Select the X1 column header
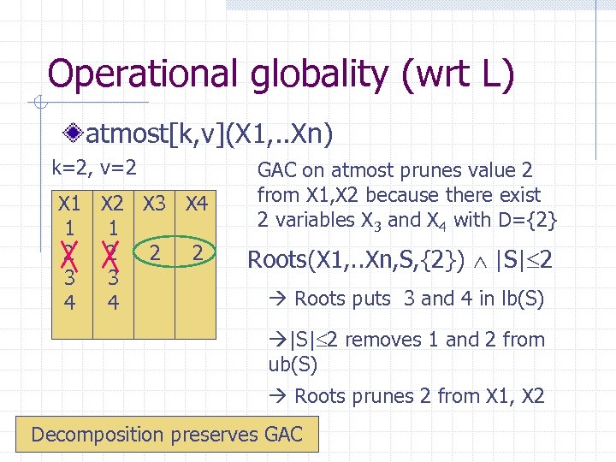(69, 204)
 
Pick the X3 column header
(155, 204)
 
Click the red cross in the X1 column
(69, 253)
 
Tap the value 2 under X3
(155, 253)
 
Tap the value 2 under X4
(198, 253)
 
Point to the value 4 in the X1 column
(69, 303)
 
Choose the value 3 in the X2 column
(113, 278)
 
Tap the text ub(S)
(293, 364)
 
